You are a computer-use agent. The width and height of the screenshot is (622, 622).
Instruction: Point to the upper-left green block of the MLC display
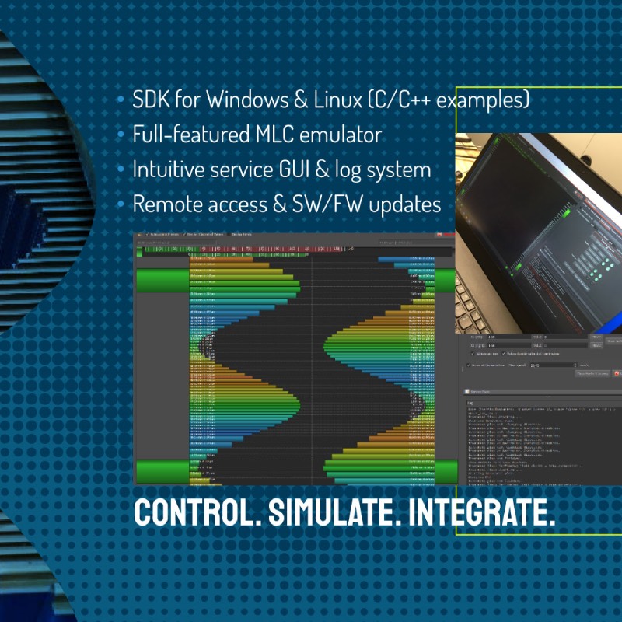[x=162, y=281]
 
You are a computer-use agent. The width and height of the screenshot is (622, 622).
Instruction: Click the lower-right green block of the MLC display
[x=446, y=471]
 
